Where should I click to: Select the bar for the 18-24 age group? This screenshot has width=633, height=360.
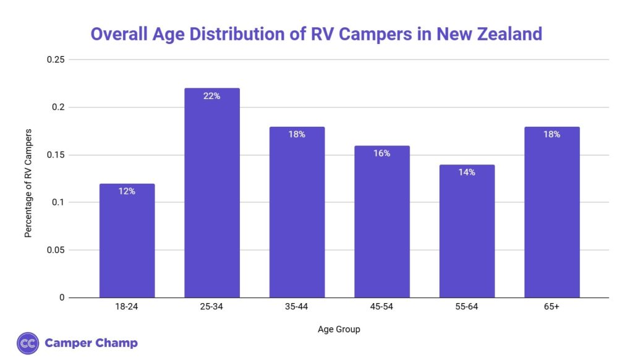tap(127, 241)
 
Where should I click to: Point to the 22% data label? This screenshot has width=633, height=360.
tap(212, 96)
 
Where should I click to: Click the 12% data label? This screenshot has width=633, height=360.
tap(127, 192)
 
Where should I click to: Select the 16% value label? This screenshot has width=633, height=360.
tap(382, 153)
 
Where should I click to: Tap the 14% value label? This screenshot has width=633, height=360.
tap(467, 173)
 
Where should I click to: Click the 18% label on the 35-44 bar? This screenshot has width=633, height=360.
tap(297, 134)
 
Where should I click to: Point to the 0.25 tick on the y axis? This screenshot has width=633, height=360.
tap(56, 60)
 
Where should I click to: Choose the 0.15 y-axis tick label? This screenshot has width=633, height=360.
tap(56, 155)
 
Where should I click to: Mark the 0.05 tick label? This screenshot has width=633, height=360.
tap(56, 251)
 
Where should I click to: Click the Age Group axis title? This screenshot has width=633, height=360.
tap(338, 330)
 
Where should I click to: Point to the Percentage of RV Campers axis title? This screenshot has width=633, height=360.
tap(28, 183)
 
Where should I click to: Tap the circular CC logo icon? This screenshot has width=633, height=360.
tap(28, 343)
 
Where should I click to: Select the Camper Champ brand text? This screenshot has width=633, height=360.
tap(91, 343)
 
